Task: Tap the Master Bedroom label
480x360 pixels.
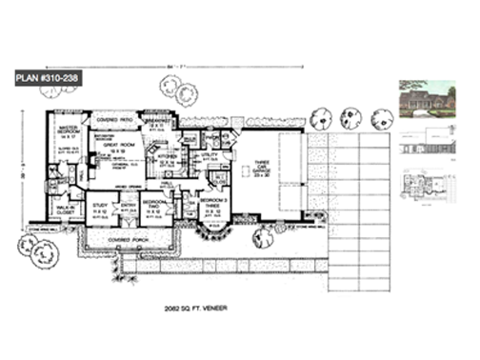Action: [x=70, y=130]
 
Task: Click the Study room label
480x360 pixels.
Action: [x=100, y=206]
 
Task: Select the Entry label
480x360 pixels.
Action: [x=127, y=205]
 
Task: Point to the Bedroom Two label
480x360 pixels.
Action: [x=155, y=206]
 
